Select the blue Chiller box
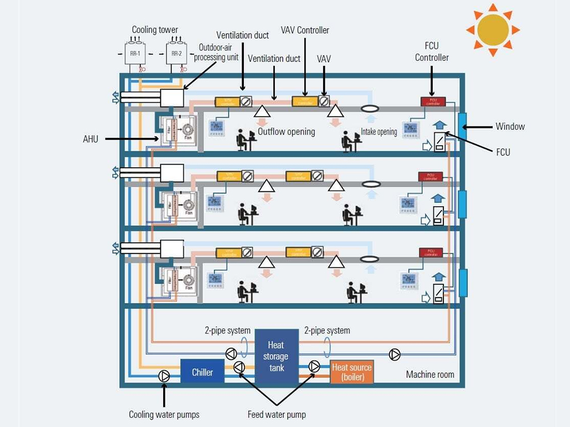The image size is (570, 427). coord(202,372)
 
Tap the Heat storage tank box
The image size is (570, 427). coord(276,356)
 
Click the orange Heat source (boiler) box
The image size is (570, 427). coord(352,372)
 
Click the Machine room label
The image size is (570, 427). coord(430,374)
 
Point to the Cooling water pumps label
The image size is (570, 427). coord(164,414)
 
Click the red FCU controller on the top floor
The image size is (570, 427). coord(433,101)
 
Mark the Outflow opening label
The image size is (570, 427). coord(286,132)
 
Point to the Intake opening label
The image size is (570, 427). coord(379,132)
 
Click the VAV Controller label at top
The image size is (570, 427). coord(305,30)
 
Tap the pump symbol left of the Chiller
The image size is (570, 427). coord(164,376)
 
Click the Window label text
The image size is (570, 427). coord(509,126)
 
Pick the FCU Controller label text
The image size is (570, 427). coord(431,52)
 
